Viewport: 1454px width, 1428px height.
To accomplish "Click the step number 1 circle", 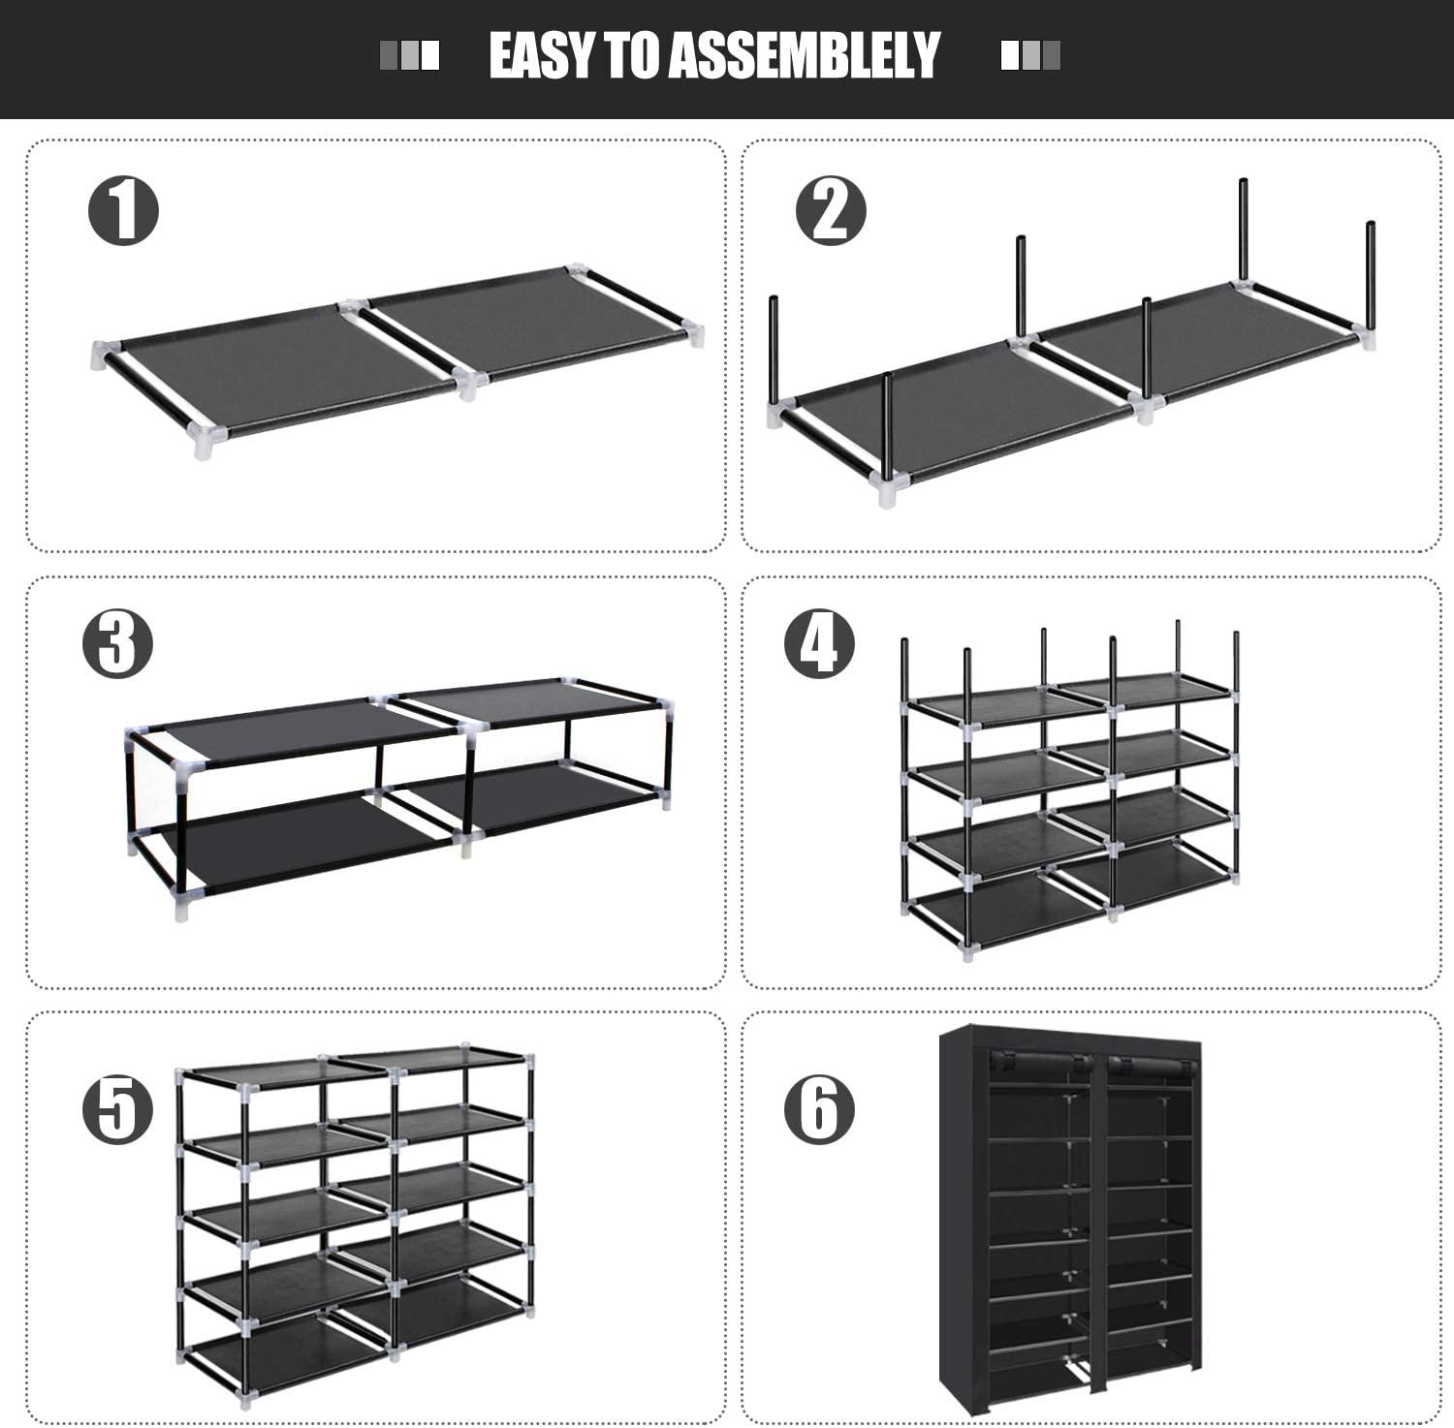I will [124, 210].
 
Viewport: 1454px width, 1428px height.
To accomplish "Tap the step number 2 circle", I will [830, 210].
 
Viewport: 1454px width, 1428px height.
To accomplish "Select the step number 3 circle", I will [117, 644].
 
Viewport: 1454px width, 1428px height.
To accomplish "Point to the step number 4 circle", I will [819, 644].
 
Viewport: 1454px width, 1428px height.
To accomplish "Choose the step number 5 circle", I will [117, 1108].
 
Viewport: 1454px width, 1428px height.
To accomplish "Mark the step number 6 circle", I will [819, 1108].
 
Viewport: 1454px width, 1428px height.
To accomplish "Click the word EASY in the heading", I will [543, 55].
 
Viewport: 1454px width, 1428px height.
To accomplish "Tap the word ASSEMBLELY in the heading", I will [805, 55].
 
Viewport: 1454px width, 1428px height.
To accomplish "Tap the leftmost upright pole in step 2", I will [774, 349].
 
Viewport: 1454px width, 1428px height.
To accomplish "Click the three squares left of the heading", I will [409, 55].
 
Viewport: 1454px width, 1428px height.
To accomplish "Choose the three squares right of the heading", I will [1030, 55].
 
